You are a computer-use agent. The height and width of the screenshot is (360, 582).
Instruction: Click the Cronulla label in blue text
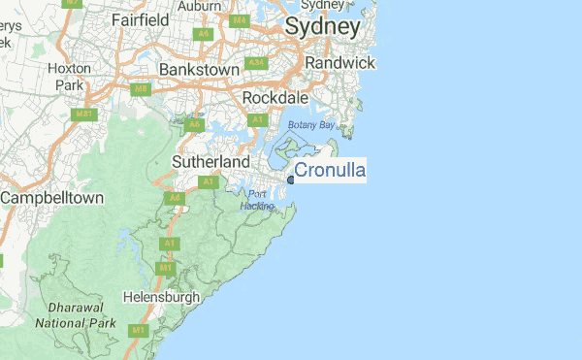click(x=329, y=171)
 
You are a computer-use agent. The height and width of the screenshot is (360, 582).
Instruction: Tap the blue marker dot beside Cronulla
click(x=291, y=179)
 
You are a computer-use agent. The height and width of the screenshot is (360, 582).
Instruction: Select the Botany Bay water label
click(x=310, y=126)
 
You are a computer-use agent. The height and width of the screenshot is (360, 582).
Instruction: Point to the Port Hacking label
click(x=257, y=200)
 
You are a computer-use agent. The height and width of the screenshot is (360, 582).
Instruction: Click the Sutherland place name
click(x=210, y=161)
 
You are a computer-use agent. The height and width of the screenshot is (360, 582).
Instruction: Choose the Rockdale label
click(x=275, y=98)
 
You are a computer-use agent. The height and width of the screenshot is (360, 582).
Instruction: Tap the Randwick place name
click(x=339, y=62)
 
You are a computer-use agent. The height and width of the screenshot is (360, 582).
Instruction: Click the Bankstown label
click(x=199, y=71)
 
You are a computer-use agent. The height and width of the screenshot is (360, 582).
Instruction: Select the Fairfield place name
click(x=141, y=19)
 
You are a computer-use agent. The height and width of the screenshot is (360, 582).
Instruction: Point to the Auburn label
click(x=200, y=5)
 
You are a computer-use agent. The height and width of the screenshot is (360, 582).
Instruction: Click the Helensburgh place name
click(x=161, y=296)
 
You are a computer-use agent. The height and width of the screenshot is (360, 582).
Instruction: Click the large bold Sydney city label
click(x=322, y=27)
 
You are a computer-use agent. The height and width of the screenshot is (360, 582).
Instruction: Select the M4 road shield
click(x=239, y=19)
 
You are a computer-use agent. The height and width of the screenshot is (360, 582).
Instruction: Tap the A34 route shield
click(x=256, y=63)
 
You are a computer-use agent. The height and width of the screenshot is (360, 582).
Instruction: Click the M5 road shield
click(x=142, y=89)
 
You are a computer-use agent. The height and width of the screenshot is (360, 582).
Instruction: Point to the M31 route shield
click(x=85, y=115)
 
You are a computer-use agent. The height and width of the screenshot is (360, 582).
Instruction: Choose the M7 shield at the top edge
click(x=71, y=3)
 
